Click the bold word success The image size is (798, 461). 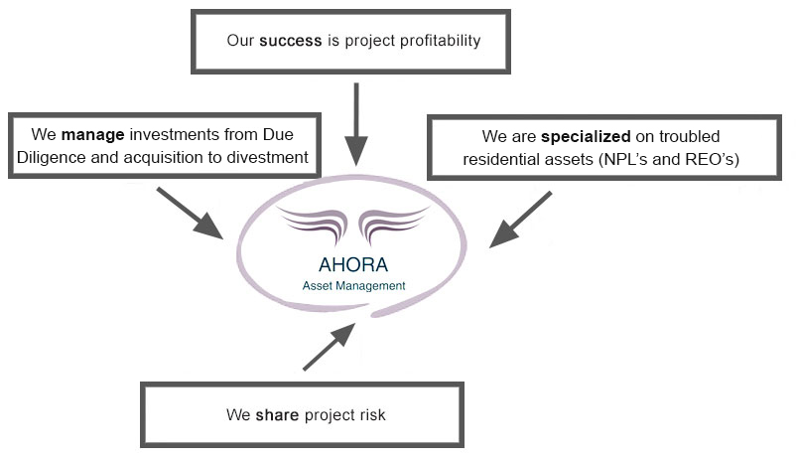pos(291,42)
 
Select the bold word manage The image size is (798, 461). pos(91,134)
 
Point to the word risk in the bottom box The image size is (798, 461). pos(369,413)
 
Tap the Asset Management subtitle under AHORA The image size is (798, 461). pos(355,285)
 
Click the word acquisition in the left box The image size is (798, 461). pos(172,156)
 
